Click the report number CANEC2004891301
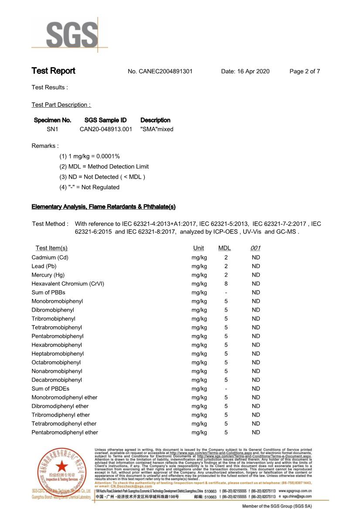point(160,71)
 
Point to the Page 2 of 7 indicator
point(305,71)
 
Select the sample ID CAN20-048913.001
point(106,129)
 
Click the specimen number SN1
point(52,129)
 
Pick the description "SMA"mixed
point(157,129)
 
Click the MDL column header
point(224,248)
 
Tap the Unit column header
point(198,248)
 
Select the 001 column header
point(255,248)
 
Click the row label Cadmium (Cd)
point(50,258)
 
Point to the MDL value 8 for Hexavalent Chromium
point(226,284)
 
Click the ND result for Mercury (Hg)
point(256,275)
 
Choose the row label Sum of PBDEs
point(50,389)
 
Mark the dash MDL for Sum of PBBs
point(226,292)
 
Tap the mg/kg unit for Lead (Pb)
point(199,266)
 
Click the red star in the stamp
point(61,465)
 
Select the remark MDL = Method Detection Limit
point(104,166)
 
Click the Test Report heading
point(53,71)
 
